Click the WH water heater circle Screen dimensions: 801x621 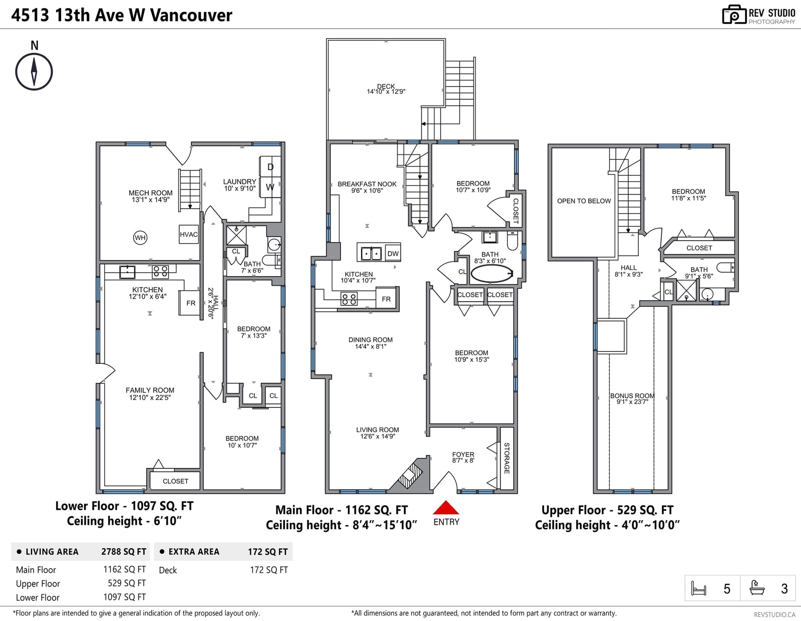pyautogui.click(x=140, y=238)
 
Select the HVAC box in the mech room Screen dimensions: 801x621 pyautogui.click(x=189, y=234)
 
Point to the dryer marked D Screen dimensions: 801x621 pyautogui.click(x=270, y=167)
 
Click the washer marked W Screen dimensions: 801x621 pyautogui.click(x=270, y=187)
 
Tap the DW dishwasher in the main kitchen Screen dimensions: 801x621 pyautogui.click(x=393, y=254)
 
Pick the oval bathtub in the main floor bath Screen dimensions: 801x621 pyautogui.click(x=492, y=274)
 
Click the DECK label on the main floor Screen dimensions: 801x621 pyautogui.click(x=386, y=86)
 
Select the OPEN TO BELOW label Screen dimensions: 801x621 pyautogui.click(x=584, y=201)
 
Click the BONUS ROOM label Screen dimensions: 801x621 pyautogui.click(x=632, y=395)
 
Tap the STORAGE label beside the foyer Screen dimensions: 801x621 pyautogui.click(x=507, y=458)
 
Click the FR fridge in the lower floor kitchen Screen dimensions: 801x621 pyautogui.click(x=191, y=303)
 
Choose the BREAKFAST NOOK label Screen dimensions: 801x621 pyautogui.click(x=367, y=184)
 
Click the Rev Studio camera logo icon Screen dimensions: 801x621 pyautogui.click(x=734, y=15)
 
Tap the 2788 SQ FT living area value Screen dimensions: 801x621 pyautogui.click(x=124, y=552)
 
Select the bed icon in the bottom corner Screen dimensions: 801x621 pyautogui.click(x=698, y=588)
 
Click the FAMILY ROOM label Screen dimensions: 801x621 pyautogui.click(x=150, y=390)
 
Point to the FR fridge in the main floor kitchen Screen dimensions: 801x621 pyautogui.click(x=386, y=299)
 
